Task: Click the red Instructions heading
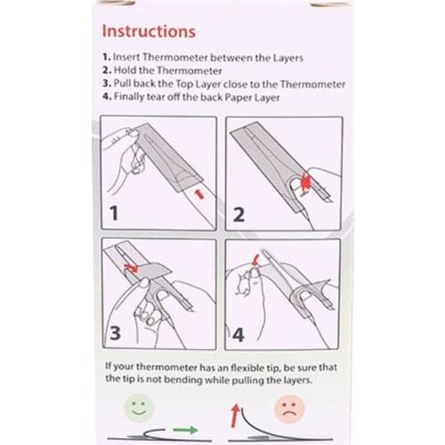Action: click(149, 31)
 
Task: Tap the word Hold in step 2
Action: click(128, 71)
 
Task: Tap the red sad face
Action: click(285, 411)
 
